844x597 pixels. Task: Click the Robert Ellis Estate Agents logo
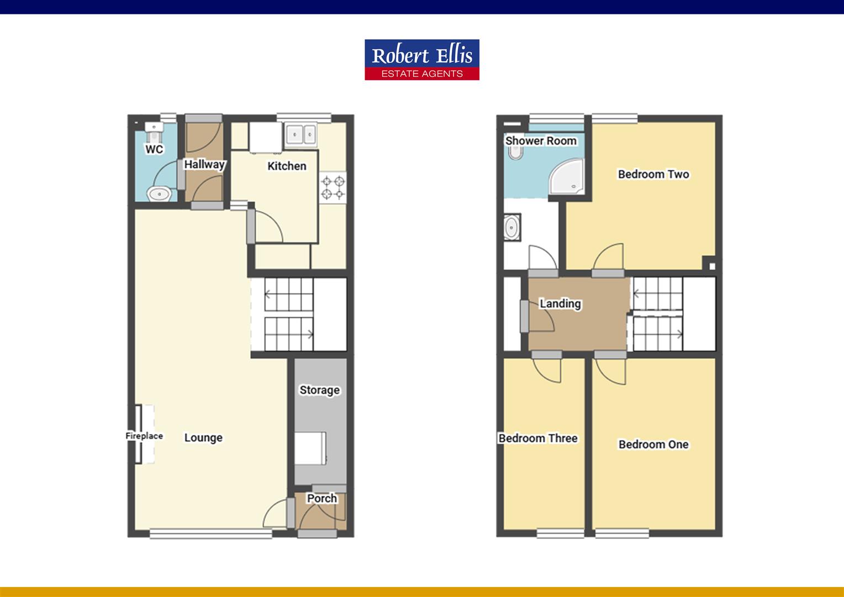[422, 60]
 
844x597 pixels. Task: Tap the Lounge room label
[203, 438]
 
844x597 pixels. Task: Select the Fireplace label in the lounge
[144, 436]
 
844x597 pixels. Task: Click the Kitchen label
[287, 166]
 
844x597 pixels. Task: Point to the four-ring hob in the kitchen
[333, 187]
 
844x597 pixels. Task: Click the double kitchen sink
[301, 134]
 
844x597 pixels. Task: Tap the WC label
[154, 149]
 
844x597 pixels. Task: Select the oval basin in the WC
[159, 193]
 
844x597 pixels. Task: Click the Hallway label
[204, 164]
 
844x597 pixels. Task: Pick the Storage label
[319, 390]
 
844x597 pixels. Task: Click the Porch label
[321, 498]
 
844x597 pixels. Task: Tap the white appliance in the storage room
[310, 449]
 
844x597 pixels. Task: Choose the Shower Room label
[541, 141]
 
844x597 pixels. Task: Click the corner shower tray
[566, 177]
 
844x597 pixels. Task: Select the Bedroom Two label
[653, 174]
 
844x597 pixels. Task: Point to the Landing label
[560, 303]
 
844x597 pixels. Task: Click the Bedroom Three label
[538, 438]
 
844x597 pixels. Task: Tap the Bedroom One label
[653, 444]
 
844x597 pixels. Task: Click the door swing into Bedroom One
[611, 370]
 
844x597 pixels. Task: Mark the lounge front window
[207, 533]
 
